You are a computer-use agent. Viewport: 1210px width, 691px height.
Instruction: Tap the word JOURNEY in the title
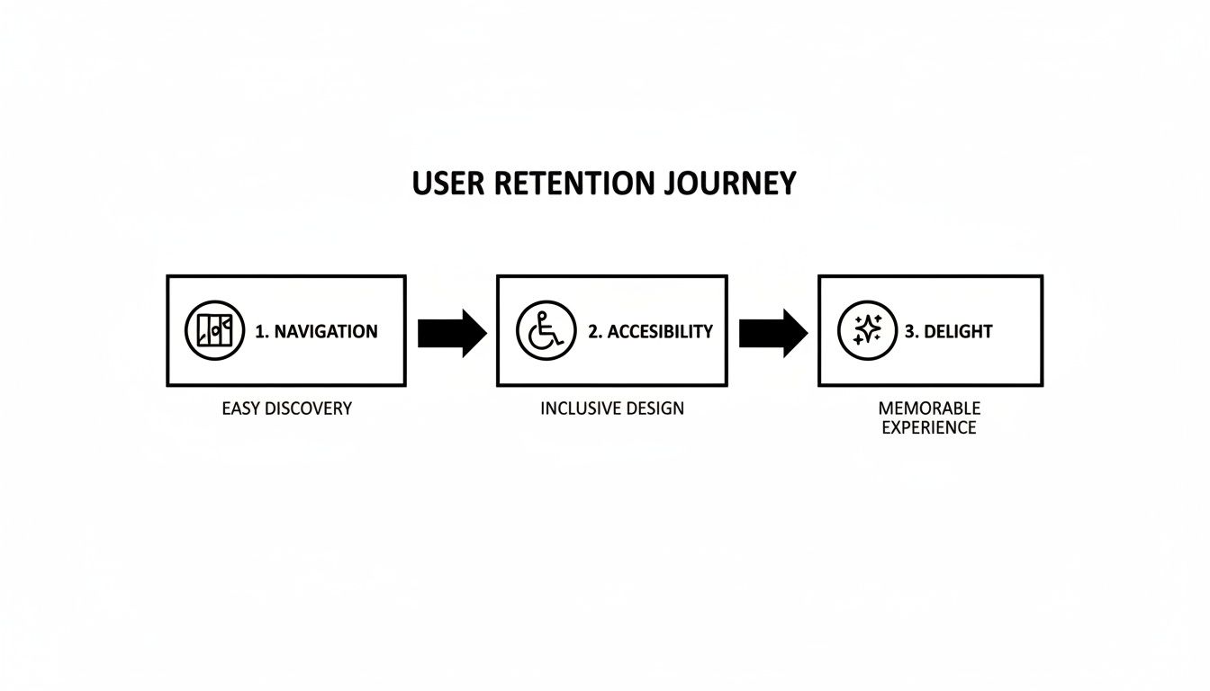pyautogui.click(x=732, y=184)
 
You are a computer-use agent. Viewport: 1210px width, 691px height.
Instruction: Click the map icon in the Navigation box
pyautogui.click(x=214, y=331)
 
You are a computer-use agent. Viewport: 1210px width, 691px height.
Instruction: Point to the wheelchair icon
pyautogui.click(x=546, y=331)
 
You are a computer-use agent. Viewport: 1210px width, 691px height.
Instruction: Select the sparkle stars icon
pyautogui.click(x=867, y=331)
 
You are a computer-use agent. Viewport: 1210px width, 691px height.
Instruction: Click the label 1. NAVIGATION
pyautogui.click(x=316, y=331)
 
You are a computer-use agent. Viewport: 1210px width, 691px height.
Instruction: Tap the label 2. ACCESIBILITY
pyautogui.click(x=650, y=331)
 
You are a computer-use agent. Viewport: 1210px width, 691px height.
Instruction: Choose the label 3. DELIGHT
pyautogui.click(x=948, y=331)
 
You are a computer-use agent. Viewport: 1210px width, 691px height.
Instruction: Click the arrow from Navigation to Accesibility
pyautogui.click(x=451, y=333)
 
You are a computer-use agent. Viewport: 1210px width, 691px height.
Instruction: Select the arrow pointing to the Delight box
pyautogui.click(x=772, y=333)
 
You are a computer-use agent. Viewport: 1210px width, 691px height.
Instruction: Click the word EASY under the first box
pyautogui.click(x=240, y=408)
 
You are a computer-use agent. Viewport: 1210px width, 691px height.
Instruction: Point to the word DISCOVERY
pyautogui.click(x=308, y=408)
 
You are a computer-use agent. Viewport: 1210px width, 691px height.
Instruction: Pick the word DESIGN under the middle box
pyautogui.click(x=655, y=408)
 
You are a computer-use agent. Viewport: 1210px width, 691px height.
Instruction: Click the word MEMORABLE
pyautogui.click(x=929, y=409)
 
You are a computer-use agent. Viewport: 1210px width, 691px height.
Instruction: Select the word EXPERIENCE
pyautogui.click(x=929, y=428)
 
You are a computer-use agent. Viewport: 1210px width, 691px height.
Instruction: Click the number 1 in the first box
pyautogui.click(x=260, y=331)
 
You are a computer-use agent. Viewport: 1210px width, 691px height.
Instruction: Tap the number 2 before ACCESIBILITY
pyautogui.click(x=593, y=331)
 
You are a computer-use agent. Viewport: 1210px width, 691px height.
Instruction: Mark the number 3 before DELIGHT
pyautogui.click(x=909, y=331)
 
